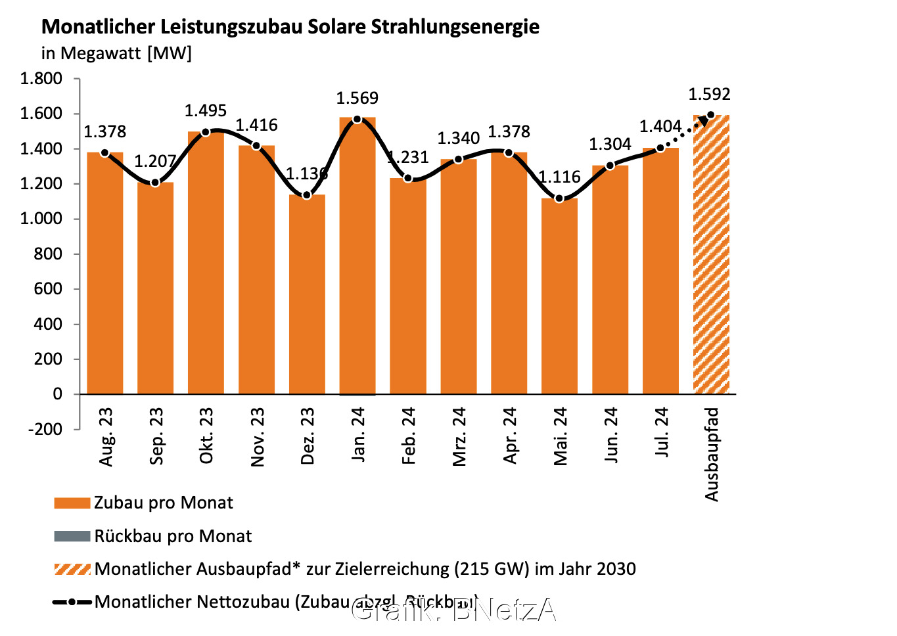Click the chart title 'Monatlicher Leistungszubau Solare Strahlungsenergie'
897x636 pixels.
(290, 27)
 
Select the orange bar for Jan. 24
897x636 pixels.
(357, 256)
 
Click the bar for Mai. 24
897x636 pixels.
(559, 296)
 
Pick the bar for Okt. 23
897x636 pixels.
(206, 263)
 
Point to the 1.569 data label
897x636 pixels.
(357, 99)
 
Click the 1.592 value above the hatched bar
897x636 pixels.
(709, 95)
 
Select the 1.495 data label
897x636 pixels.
(206, 111)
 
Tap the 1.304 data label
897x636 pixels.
(610, 145)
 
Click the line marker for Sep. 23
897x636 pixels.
(155, 183)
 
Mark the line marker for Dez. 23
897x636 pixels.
(307, 195)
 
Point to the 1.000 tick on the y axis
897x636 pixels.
(41, 219)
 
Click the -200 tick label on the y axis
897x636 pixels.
(45, 429)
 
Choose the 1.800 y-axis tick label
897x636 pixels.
(41, 79)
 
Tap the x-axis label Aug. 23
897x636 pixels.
(106, 437)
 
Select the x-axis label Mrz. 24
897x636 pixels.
(459, 437)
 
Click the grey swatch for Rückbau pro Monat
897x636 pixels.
(72, 536)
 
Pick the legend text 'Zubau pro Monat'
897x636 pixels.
(163, 503)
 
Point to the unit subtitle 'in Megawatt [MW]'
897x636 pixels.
(116, 53)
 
